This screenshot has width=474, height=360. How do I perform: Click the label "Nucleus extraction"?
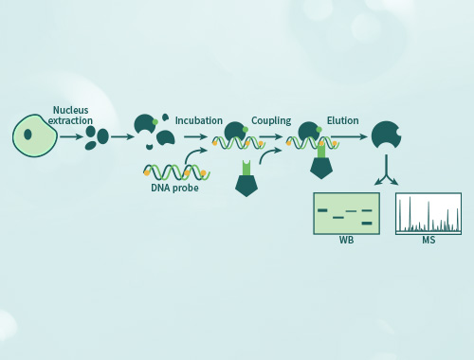(72, 116)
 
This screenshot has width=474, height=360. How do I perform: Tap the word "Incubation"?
(198, 121)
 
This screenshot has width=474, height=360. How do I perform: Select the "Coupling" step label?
(271, 121)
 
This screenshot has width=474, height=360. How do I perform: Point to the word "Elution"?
(342, 121)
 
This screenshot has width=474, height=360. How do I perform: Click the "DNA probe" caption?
(173, 188)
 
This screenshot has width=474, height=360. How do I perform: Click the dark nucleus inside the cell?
(28, 134)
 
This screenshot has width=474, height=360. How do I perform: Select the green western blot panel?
(346, 213)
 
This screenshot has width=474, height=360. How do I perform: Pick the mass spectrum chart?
(428, 213)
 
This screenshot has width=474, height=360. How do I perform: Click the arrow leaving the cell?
(71, 136)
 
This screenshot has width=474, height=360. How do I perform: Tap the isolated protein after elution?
(385, 135)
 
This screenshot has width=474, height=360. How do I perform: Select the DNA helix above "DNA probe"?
(174, 172)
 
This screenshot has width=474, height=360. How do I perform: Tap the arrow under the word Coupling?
(271, 136)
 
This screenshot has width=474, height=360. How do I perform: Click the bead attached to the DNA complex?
(322, 165)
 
